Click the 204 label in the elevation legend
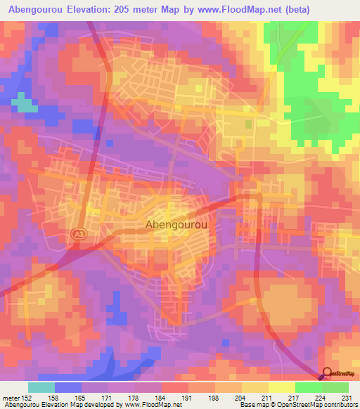[241, 397]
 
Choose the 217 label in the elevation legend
[293, 397]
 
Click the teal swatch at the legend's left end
[41, 387]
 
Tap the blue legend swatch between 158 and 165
[68, 387]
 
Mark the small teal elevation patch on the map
[25, 105]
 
